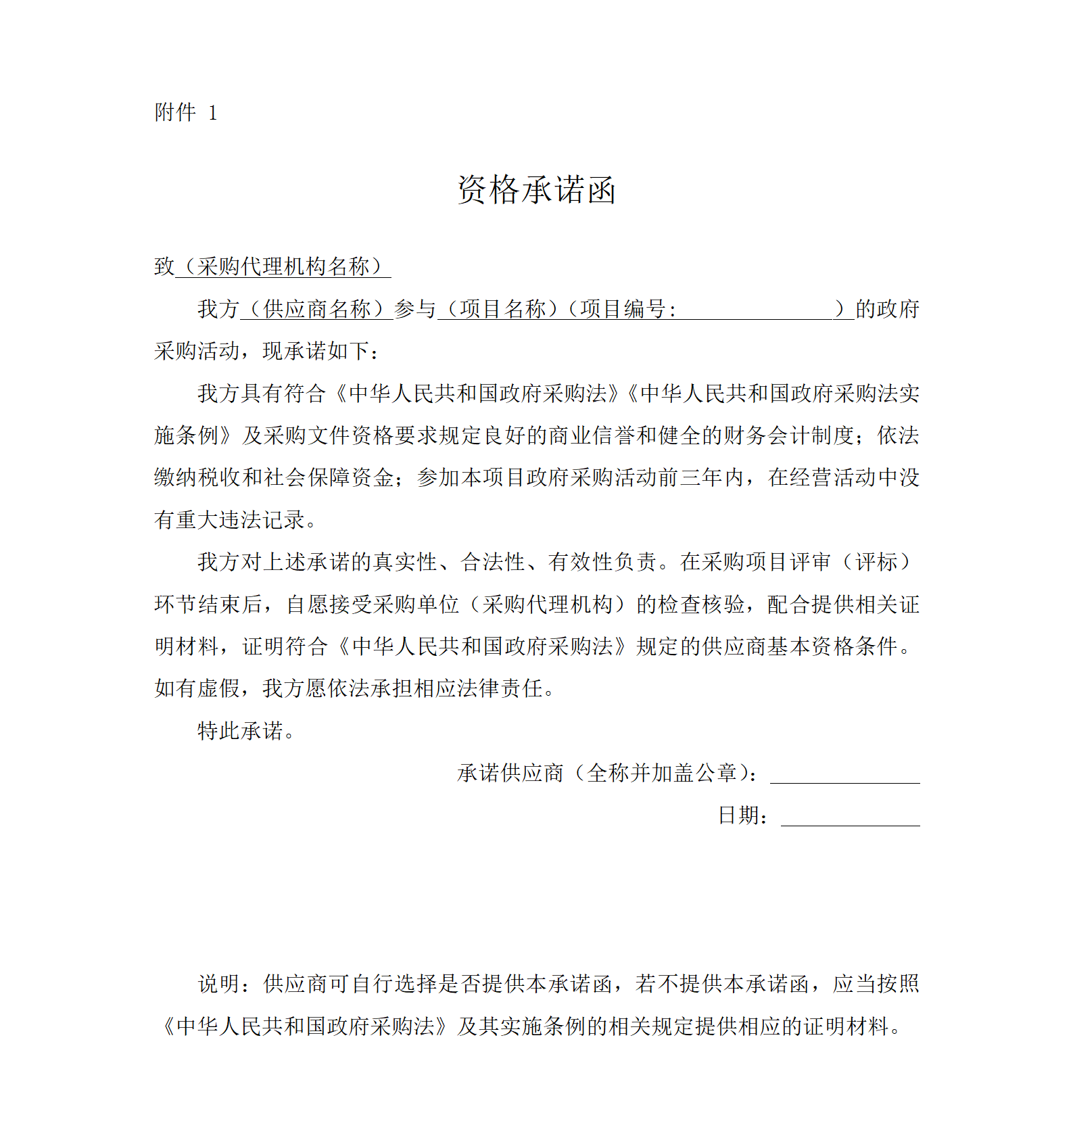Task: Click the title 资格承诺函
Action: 536,190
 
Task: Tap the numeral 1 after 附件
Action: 212,113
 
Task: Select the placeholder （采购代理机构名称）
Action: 283,267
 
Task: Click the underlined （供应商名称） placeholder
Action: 316,310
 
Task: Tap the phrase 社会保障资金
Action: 329,478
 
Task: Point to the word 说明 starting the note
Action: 218,985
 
